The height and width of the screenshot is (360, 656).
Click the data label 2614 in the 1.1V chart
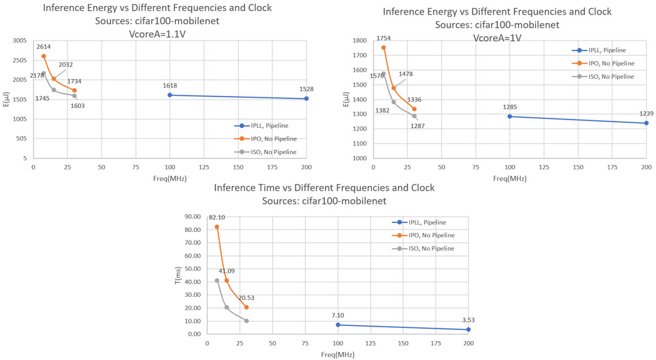click(x=43, y=47)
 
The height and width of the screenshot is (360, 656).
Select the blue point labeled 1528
click(x=306, y=98)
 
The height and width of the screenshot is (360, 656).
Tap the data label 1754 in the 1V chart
click(x=383, y=38)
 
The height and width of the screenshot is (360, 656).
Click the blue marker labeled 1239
click(x=646, y=123)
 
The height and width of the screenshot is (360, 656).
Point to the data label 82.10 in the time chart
click(x=217, y=217)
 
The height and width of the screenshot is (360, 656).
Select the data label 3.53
click(x=468, y=320)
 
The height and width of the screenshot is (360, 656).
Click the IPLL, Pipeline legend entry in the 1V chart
click(x=598, y=50)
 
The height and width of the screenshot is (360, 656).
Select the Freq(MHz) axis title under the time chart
click(x=338, y=353)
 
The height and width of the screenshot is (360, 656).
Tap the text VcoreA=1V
click(x=497, y=38)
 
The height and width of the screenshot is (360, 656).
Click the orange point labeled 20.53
click(x=246, y=307)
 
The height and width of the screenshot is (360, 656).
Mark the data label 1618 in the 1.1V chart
click(x=169, y=86)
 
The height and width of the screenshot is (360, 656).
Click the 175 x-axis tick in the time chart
click(x=436, y=343)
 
